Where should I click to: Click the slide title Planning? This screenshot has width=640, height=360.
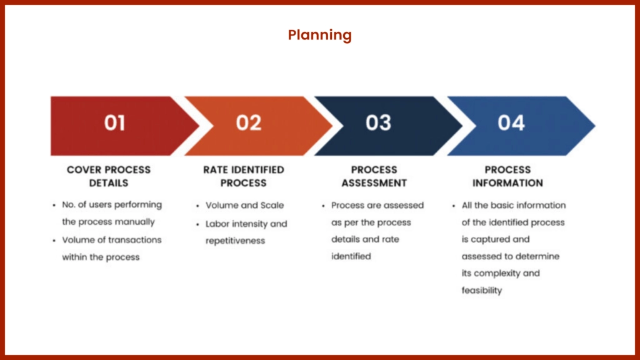pos(319,36)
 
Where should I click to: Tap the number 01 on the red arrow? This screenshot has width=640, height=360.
pos(114,123)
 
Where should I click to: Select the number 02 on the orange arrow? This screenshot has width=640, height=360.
pos(249,123)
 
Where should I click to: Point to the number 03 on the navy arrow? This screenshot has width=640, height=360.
pos(378,123)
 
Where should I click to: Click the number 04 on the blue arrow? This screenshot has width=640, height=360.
pos(511,123)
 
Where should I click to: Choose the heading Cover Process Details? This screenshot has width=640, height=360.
pos(109,176)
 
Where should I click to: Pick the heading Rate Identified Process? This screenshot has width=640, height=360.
pos(244,176)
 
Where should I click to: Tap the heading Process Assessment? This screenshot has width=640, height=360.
pos(374,176)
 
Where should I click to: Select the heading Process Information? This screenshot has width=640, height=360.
pos(507,176)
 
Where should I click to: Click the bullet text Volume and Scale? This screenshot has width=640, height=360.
pos(244,205)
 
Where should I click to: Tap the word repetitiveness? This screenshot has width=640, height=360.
pos(235,241)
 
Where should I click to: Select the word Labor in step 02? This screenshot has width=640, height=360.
pos(217,224)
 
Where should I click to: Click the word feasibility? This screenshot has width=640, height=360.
pos(482,291)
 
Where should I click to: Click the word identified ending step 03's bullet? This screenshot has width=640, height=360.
pos(351,256)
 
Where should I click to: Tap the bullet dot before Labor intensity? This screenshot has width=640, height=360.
pos(197,224)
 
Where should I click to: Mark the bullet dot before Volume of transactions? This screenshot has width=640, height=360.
pos(54,241)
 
